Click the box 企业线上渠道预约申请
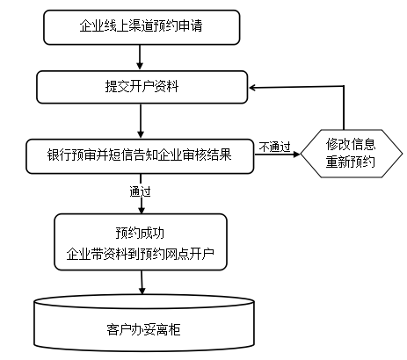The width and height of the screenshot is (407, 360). click(142, 27)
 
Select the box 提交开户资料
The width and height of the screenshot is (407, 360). click(142, 87)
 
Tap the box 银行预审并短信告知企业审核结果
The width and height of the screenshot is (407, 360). click(140, 156)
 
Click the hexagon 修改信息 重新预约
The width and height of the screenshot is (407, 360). click(352, 154)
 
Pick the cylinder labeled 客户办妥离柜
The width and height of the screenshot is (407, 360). click(144, 324)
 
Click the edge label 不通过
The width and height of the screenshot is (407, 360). click(275, 147)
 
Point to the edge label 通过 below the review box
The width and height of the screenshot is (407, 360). click(140, 191)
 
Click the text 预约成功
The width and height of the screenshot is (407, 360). click(140, 233)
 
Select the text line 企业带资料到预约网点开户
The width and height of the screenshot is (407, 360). click(140, 254)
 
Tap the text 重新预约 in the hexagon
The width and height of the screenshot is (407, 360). click(351, 162)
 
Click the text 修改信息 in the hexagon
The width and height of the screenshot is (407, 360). click(351, 144)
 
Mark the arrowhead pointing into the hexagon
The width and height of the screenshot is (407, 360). click(297, 154)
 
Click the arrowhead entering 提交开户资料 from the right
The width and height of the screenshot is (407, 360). click(252, 87)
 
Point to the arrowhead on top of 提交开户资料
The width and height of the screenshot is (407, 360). click(140, 66)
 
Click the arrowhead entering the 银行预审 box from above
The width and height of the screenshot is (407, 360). click(141, 134)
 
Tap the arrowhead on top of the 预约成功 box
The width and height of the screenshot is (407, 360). click(142, 210)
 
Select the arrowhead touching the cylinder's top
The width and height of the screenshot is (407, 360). click(142, 291)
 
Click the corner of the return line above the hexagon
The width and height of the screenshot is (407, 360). click(344, 86)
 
